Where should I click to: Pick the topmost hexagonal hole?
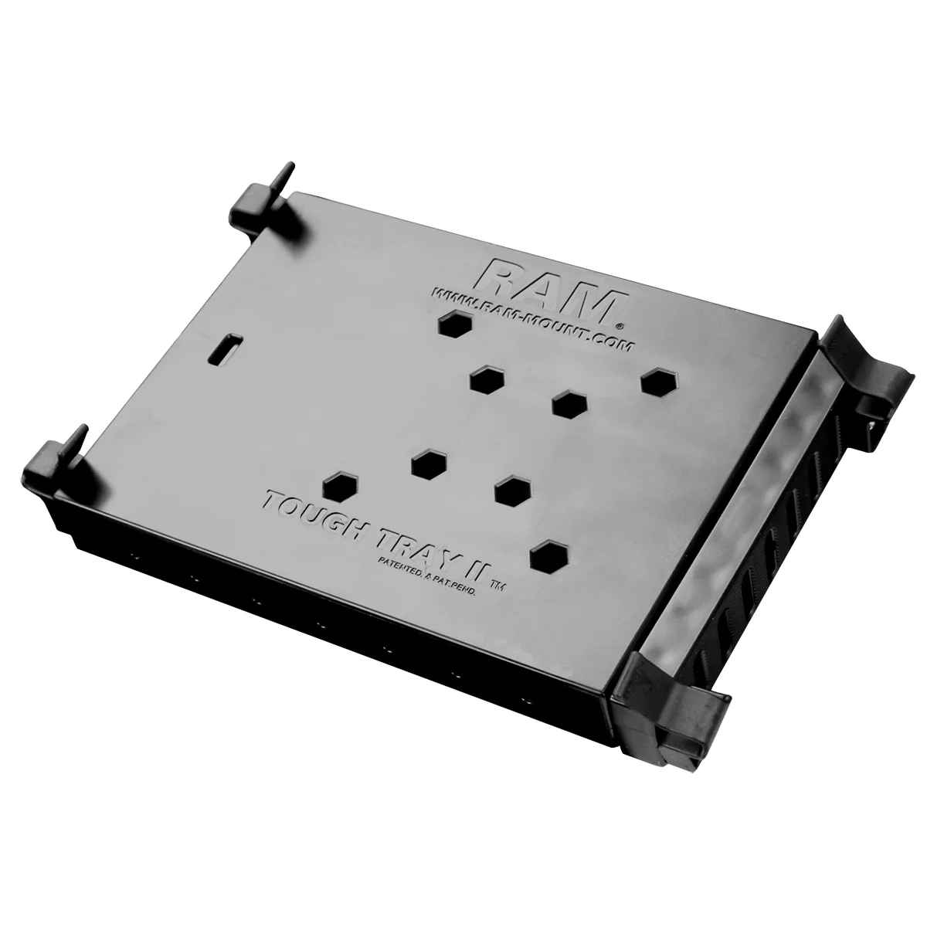(453, 324)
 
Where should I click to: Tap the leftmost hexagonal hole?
(338, 486)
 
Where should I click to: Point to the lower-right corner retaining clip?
(672, 680)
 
